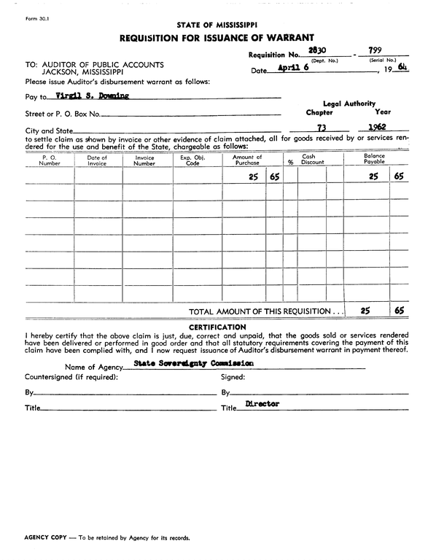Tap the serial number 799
coord(376,51)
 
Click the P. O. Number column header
coord(50,160)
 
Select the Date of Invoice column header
coord(97,160)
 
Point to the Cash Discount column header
coord(312,160)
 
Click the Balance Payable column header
coord(374,159)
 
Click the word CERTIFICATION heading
coord(217,327)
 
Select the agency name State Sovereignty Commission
coord(193,362)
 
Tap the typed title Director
coord(262,404)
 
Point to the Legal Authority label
coord(349,104)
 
